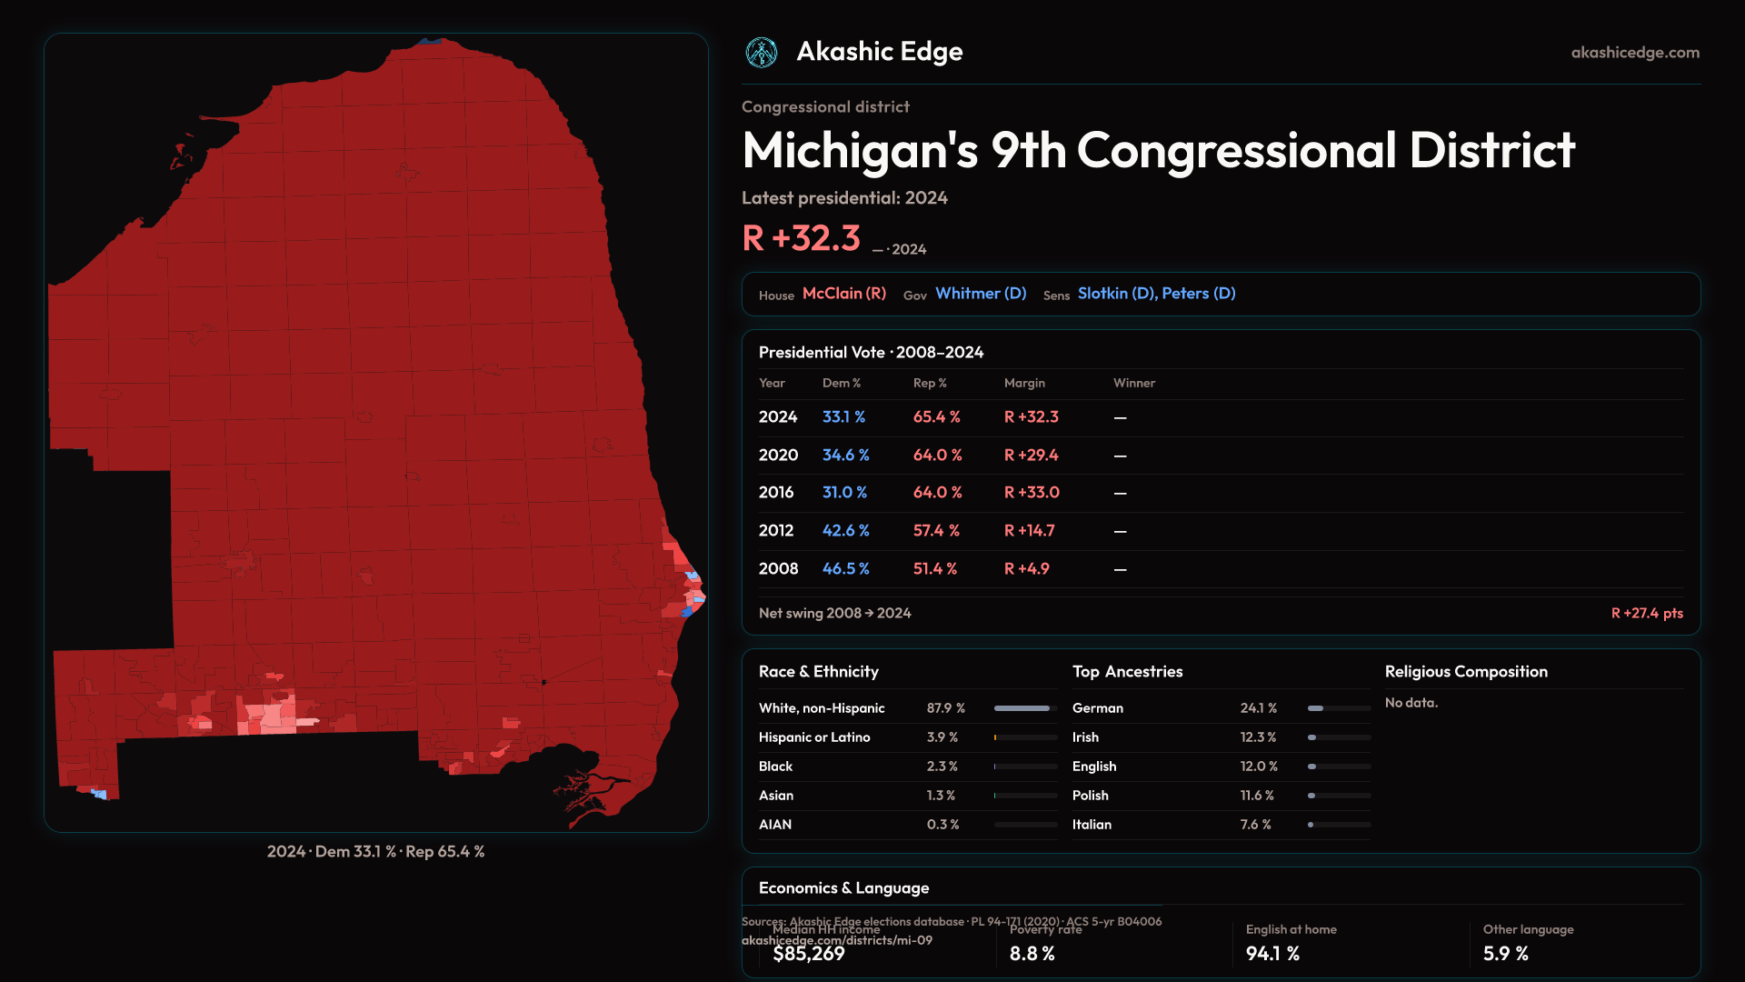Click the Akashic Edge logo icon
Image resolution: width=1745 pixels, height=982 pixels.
(762, 53)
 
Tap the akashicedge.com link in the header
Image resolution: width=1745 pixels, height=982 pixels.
(1635, 53)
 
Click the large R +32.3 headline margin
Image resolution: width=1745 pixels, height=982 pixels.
(801, 238)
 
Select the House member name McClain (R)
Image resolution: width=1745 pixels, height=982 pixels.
(843, 294)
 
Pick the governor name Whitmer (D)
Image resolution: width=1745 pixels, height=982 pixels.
(981, 294)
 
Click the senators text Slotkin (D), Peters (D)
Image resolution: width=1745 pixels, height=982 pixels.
(1156, 294)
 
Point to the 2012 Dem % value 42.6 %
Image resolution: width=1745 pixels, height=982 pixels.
(845, 531)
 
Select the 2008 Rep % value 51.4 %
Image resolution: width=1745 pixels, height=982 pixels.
(935, 569)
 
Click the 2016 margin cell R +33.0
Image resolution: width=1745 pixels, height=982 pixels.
(1032, 493)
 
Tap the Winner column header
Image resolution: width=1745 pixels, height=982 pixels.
(1134, 384)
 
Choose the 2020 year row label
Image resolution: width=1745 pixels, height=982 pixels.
(778, 456)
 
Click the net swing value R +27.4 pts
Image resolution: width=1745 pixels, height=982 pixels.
(1647, 614)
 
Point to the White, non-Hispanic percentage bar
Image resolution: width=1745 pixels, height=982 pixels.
(1025, 708)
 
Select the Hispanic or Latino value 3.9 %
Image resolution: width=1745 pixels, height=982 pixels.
(942, 737)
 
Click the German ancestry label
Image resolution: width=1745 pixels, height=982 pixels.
(1098, 708)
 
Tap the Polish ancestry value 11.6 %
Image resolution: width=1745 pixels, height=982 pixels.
(1257, 796)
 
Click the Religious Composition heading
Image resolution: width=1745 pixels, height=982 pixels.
(1466, 672)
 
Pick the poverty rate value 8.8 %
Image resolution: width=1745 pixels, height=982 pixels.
(1032, 954)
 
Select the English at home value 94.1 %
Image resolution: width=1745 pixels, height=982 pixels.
(1272, 954)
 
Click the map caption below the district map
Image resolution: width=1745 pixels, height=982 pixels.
(375, 852)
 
